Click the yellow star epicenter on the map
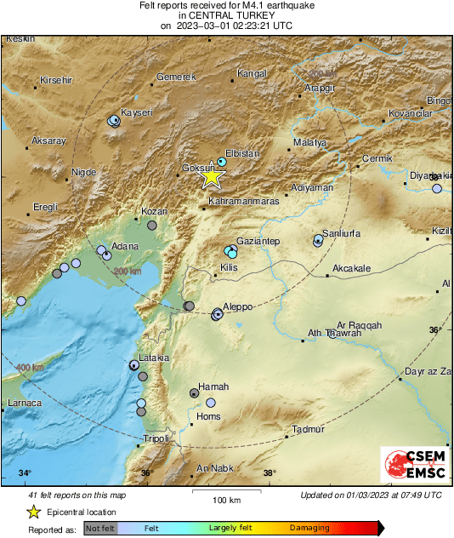point(212,177)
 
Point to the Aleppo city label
point(240,305)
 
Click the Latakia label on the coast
point(153,358)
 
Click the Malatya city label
point(309,142)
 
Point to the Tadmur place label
point(308,430)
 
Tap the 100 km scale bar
point(225,493)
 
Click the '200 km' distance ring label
point(128,271)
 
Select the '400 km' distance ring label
point(30,367)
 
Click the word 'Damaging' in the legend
point(309,528)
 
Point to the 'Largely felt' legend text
point(232,528)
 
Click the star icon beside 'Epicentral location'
point(33,512)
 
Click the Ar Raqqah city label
point(360,325)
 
